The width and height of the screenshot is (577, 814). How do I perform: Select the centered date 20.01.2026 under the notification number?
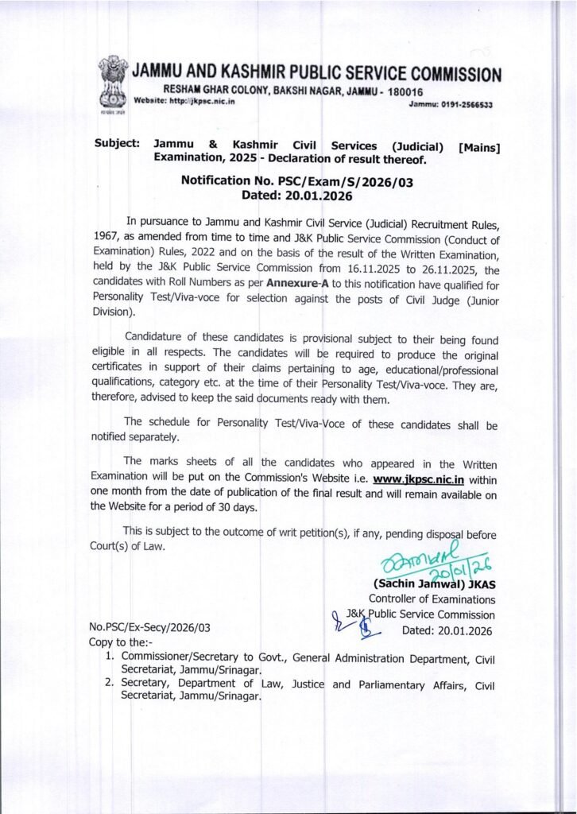(315, 196)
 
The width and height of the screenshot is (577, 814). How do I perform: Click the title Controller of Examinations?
(431, 601)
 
